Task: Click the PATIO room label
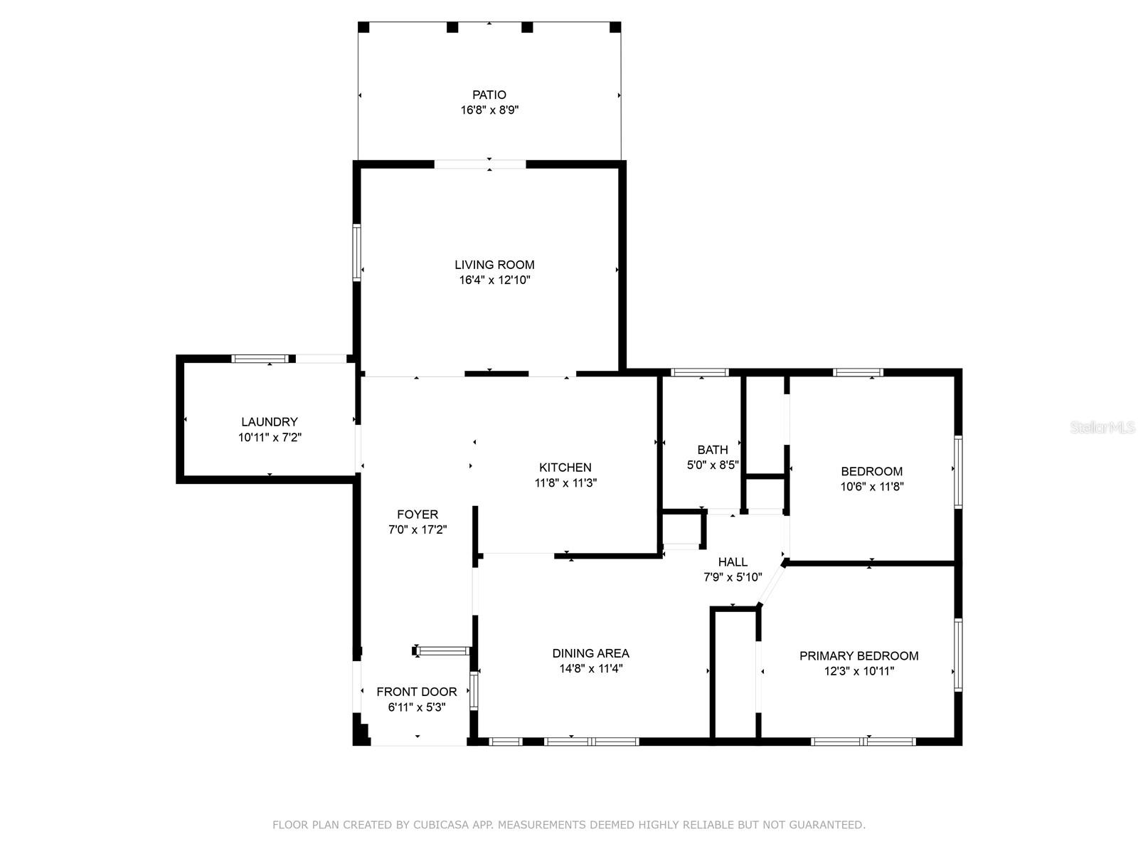(489, 95)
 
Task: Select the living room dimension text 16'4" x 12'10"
(494, 280)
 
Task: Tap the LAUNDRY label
(270, 422)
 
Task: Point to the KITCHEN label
(565, 467)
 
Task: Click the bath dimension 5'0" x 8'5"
(713, 465)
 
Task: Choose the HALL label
(733, 562)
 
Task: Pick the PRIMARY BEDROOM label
(858, 656)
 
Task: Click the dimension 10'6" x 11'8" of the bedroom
(872, 486)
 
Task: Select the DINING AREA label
(590, 653)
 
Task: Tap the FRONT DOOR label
(417, 692)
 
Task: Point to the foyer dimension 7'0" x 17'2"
(418, 529)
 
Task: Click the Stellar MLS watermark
(1102, 428)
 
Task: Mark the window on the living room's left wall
(357, 253)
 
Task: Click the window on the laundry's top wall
(259, 359)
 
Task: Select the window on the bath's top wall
(700, 372)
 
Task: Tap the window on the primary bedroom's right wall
(959, 655)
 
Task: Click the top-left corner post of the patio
(363, 27)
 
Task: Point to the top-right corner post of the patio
(615, 27)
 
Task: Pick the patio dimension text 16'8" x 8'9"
(489, 110)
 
